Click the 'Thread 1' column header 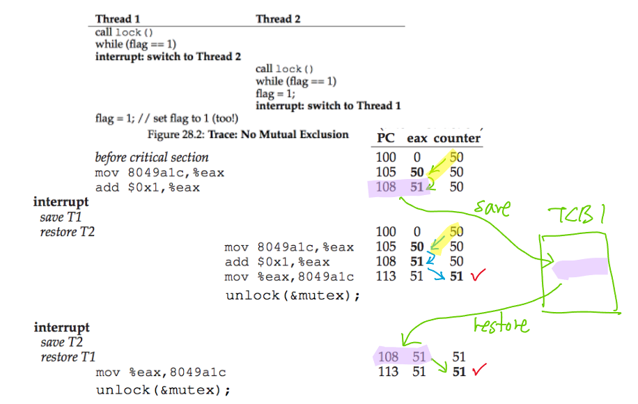coord(117,19)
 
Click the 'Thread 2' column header coord(278,19)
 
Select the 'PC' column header coord(385,138)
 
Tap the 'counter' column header coord(457,138)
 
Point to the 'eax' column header coord(417,138)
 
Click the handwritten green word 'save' coord(492,208)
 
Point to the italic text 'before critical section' coord(152,157)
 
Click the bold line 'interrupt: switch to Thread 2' coord(163,56)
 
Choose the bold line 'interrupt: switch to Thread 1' coord(328,106)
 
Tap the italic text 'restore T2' coord(68,231)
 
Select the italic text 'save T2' coord(62,342)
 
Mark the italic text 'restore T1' coord(68,357)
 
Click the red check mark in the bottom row coord(477,371)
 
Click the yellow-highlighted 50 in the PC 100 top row coord(456,157)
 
